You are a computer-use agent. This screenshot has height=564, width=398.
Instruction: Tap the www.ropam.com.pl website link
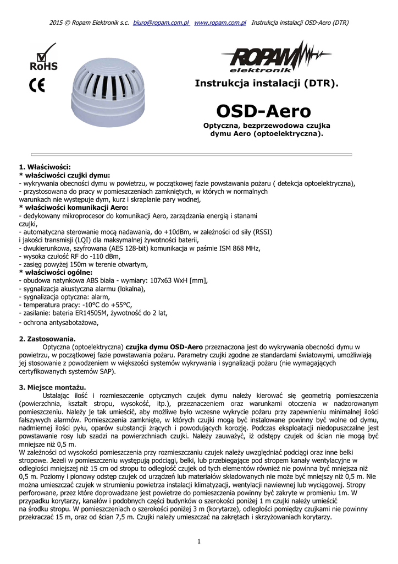(x=220, y=23)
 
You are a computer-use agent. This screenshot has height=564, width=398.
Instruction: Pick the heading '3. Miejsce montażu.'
(x=53, y=387)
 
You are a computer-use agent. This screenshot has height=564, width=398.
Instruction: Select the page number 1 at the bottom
(x=198, y=542)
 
